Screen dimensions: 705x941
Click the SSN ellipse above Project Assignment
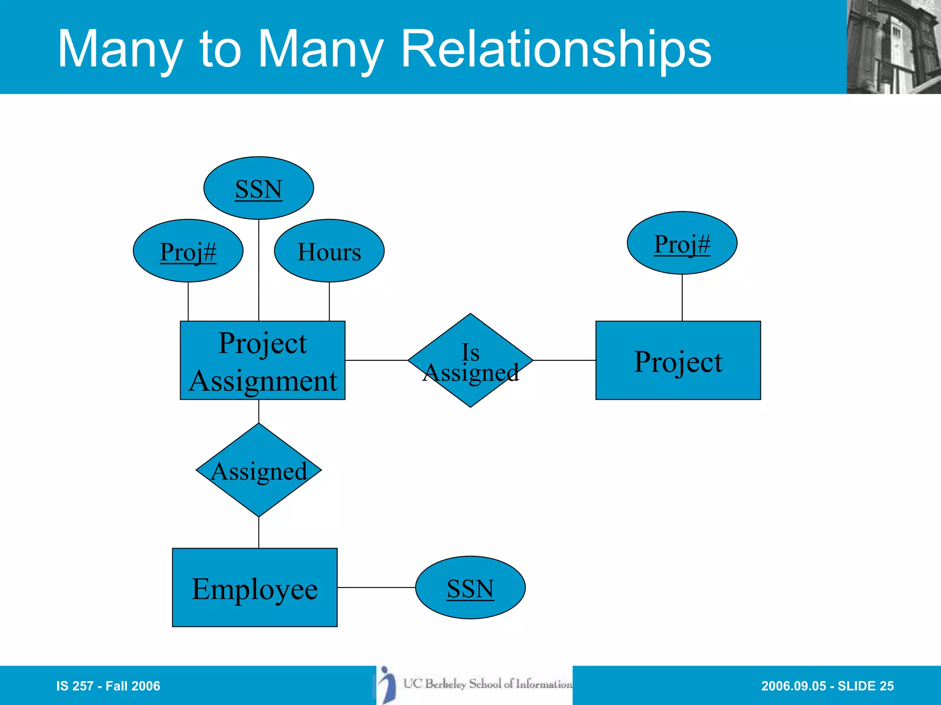[259, 188]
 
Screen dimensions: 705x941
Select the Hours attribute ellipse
[329, 251]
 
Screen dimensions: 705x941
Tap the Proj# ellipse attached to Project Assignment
[188, 251]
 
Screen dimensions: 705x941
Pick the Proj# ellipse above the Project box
[682, 243]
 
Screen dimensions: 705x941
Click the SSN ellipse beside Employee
[470, 587]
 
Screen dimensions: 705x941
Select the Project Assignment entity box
[262, 360]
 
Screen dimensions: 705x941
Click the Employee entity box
[255, 587]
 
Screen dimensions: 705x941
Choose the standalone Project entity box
[678, 360]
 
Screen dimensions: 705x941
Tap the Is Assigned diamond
[470, 360]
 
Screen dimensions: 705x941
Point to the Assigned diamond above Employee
[259, 470]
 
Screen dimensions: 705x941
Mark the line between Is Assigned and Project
[564, 360]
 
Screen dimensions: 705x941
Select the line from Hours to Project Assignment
[329, 301]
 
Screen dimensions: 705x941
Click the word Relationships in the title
[556, 49]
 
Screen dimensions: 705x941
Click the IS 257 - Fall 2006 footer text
[108, 686]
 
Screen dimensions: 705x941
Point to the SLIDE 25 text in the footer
[866, 686]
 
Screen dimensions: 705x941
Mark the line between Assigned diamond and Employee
[259, 532]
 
